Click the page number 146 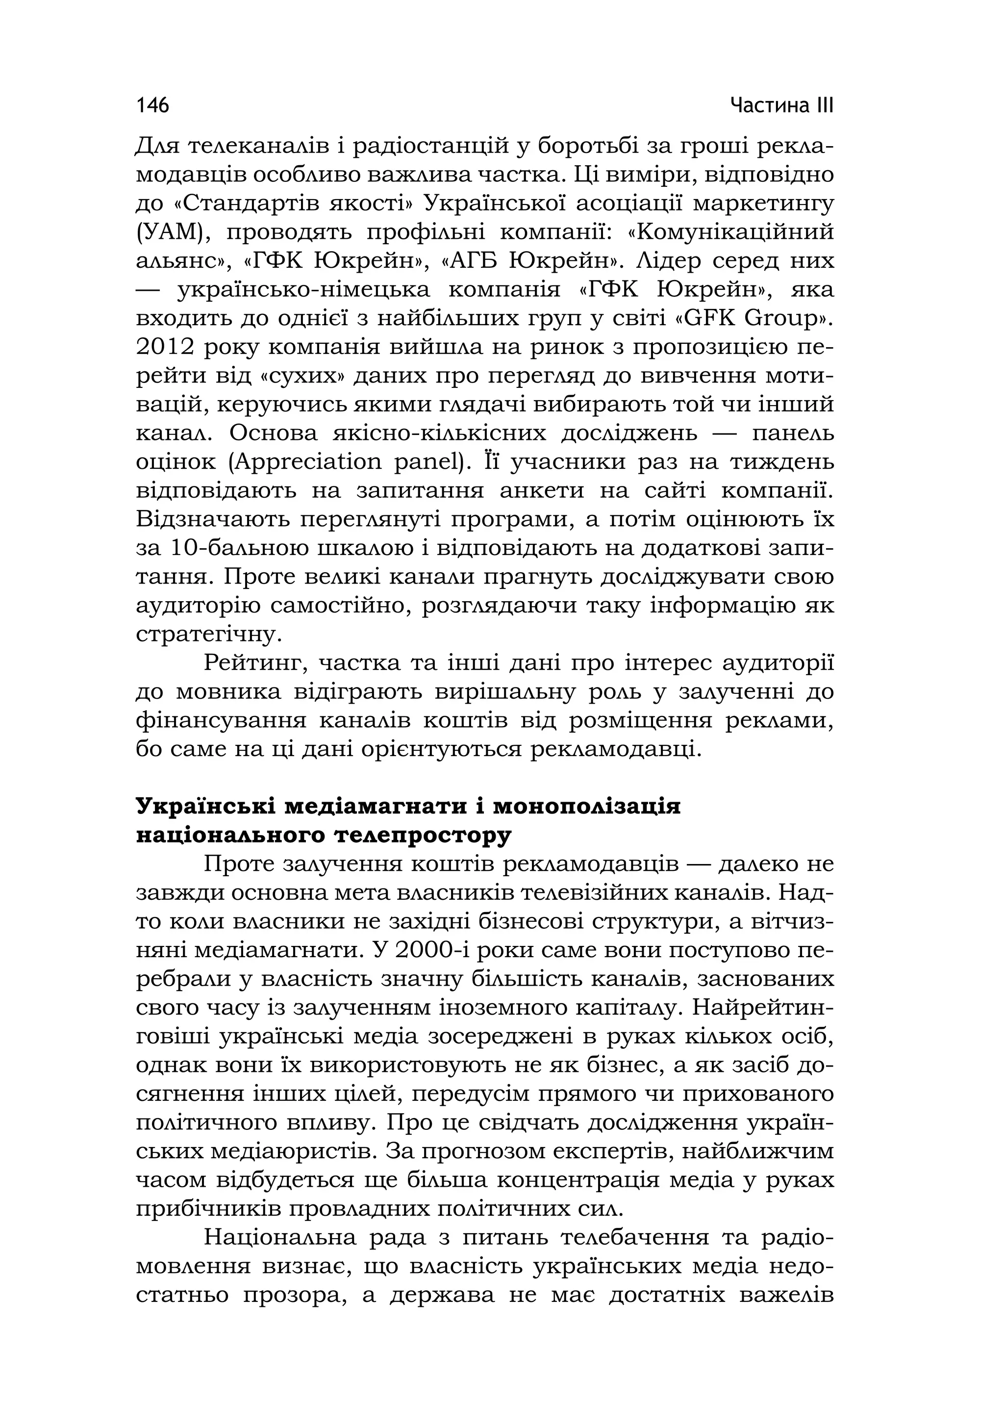tap(152, 105)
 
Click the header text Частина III tap(781, 105)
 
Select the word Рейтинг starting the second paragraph tap(254, 663)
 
